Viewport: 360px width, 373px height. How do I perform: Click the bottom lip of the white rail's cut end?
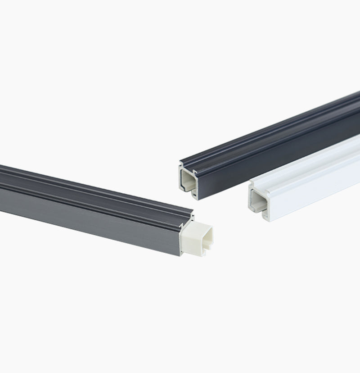click(259, 209)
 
